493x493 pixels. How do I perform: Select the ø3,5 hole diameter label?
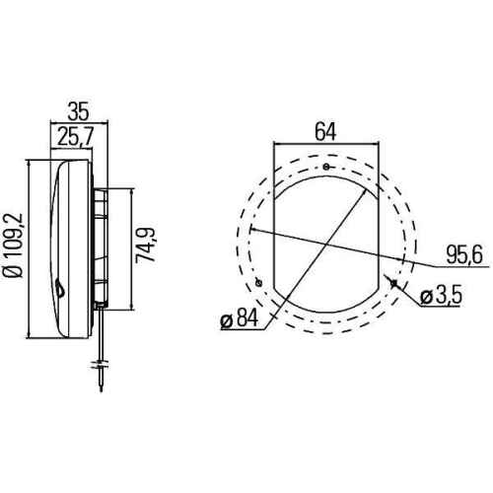(441, 295)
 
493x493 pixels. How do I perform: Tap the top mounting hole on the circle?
(325, 167)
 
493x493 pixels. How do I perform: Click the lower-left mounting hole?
(258, 285)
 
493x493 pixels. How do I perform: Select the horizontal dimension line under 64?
(324, 144)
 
